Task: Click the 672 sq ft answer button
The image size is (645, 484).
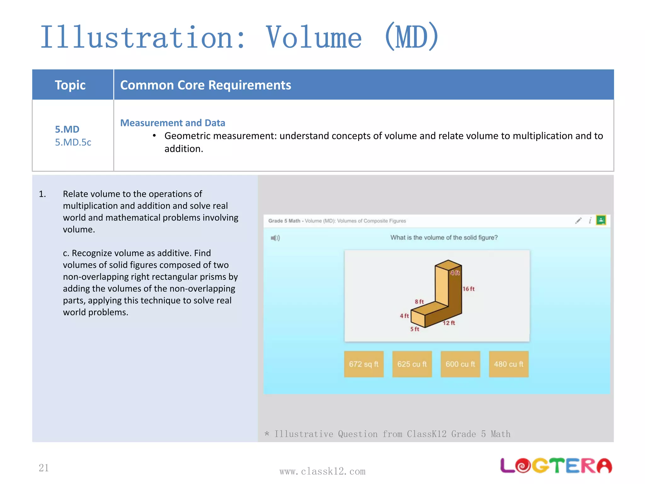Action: tap(364, 364)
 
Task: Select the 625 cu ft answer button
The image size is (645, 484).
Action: tap(412, 364)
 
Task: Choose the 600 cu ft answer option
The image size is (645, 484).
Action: tap(460, 364)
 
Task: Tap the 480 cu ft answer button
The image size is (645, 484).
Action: tap(509, 364)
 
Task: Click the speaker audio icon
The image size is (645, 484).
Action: tap(275, 238)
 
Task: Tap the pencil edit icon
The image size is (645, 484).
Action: tap(578, 221)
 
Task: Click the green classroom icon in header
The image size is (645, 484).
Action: tap(601, 220)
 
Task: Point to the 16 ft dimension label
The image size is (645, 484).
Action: tap(469, 289)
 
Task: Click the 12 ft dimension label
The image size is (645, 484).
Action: tap(449, 323)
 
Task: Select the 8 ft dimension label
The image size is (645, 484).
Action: tap(419, 302)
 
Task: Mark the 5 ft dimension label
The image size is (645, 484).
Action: tap(415, 329)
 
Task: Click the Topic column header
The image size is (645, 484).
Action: tap(70, 85)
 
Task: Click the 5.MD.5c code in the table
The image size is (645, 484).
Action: tap(73, 142)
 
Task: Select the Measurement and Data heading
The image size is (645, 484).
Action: tap(173, 123)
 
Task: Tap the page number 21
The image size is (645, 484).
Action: tap(44, 468)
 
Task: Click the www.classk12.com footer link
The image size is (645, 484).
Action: tap(322, 471)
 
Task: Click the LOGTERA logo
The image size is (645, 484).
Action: tap(556, 465)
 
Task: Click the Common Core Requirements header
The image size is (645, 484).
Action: tap(206, 85)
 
